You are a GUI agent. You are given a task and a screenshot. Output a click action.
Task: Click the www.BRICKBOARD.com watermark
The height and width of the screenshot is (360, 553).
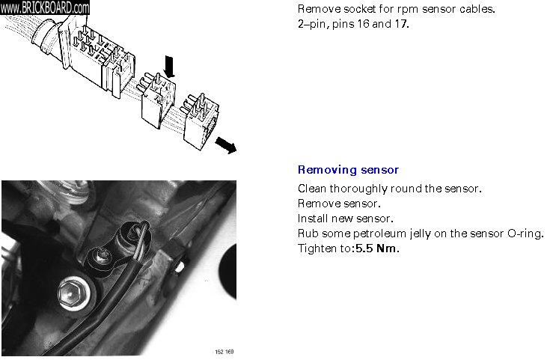pos(45,7)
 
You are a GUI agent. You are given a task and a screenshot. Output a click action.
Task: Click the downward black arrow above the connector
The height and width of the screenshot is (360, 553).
pos(170,67)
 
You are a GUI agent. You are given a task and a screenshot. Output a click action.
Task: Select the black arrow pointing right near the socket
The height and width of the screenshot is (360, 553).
pos(226,145)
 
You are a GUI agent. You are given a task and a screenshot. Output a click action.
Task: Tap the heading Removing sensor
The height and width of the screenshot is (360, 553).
pos(348,170)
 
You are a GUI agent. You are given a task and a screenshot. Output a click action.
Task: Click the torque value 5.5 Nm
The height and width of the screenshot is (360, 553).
pos(377,248)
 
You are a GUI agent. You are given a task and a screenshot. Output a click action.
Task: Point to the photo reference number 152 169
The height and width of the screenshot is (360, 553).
pos(224,352)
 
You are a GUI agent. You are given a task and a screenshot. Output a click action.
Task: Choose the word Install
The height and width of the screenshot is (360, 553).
pos(311,219)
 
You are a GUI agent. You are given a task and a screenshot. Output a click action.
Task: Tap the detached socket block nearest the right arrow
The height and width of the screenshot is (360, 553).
pos(201,122)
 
